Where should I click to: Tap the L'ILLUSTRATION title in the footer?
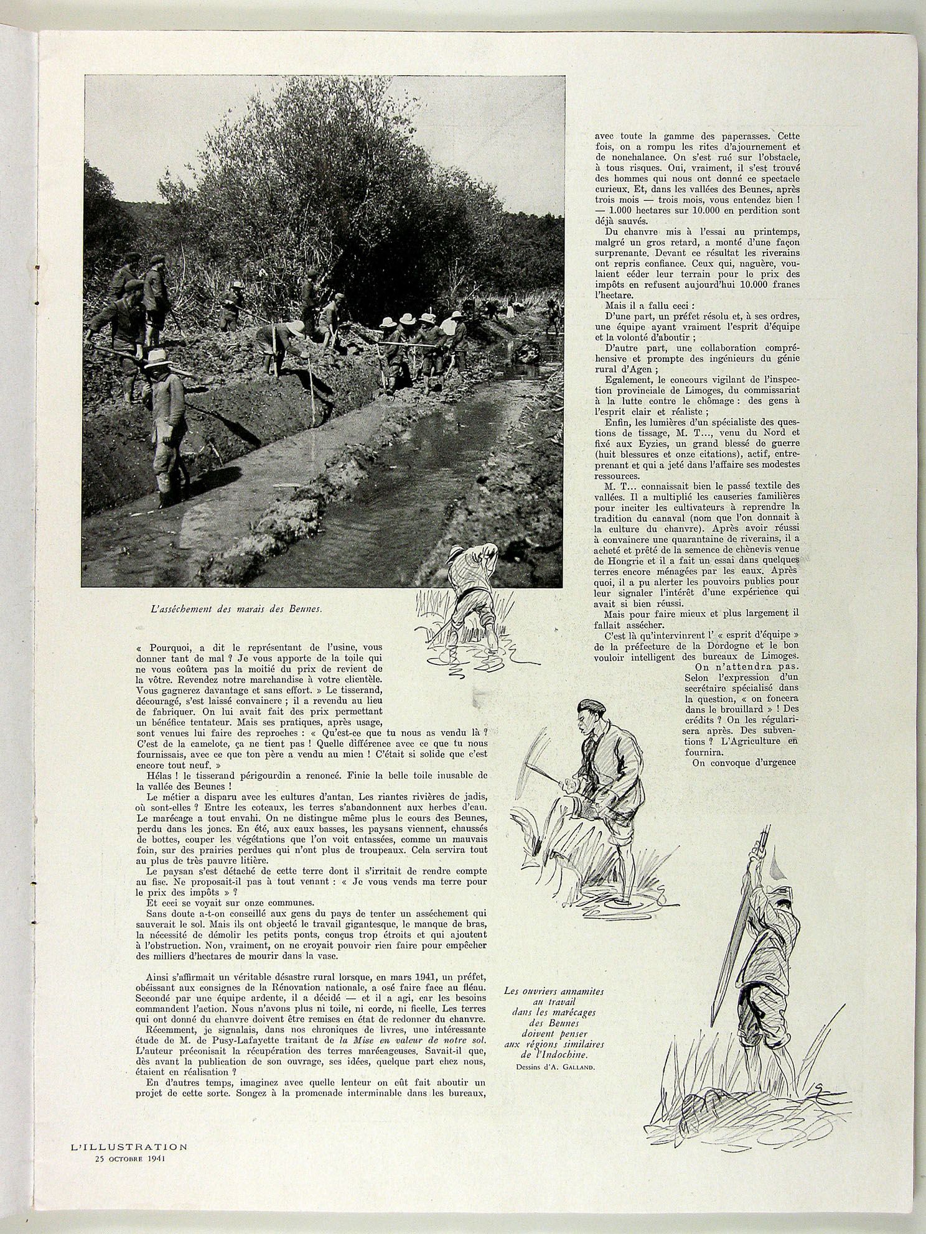128,1146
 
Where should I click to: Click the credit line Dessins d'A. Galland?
555,1067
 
